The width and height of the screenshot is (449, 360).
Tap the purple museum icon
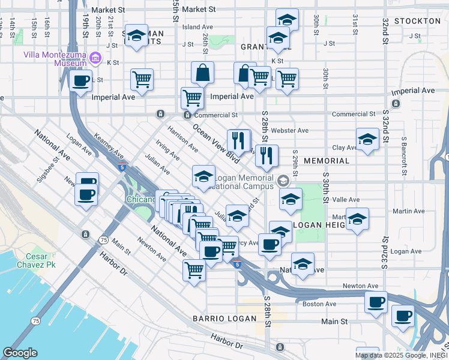(95, 59)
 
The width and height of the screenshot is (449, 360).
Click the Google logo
(20, 353)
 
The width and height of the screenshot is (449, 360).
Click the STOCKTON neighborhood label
(418, 21)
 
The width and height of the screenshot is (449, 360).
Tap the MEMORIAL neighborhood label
(327, 161)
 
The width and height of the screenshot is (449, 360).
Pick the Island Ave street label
(197, 27)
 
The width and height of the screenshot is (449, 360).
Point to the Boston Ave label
(319, 304)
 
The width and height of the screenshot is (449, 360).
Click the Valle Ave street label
(346, 200)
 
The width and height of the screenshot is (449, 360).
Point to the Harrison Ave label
(182, 138)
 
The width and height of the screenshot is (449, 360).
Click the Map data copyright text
(401, 355)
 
